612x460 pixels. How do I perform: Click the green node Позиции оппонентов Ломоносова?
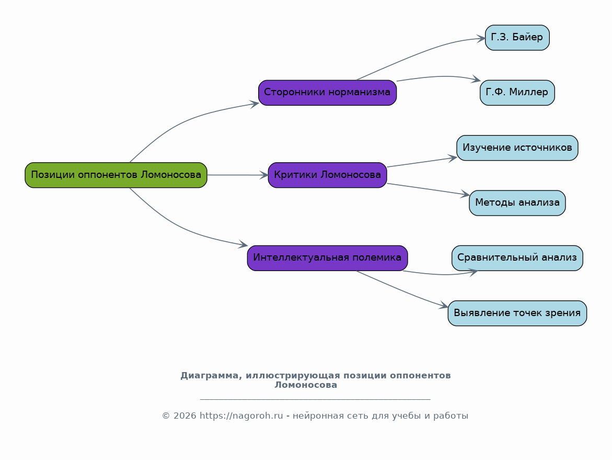[x=116, y=175]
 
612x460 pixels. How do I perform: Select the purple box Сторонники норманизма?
[x=328, y=93]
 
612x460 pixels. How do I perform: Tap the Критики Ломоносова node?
[x=328, y=175]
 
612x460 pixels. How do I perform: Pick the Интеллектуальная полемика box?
[x=328, y=258]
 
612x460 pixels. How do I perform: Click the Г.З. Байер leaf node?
[x=517, y=38]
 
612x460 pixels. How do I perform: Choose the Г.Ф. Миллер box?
[x=517, y=93]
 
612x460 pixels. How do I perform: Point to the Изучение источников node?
[x=517, y=148]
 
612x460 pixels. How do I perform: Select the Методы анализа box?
[x=517, y=203]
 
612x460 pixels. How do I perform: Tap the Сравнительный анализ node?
[x=517, y=258]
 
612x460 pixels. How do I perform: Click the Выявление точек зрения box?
[x=517, y=313]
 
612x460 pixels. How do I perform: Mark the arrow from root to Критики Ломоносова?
[x=238, y=175]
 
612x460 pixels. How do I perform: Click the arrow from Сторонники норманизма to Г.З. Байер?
[x=420, y=55]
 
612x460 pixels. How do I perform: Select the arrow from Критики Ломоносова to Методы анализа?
[x=428, y=189]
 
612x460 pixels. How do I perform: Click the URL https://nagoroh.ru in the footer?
[x=241, y=416]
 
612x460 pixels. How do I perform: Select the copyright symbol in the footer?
[x=166, y=416]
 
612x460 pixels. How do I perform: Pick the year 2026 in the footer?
[x=185, y=416]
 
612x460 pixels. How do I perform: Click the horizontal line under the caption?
[x=315, y=399]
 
